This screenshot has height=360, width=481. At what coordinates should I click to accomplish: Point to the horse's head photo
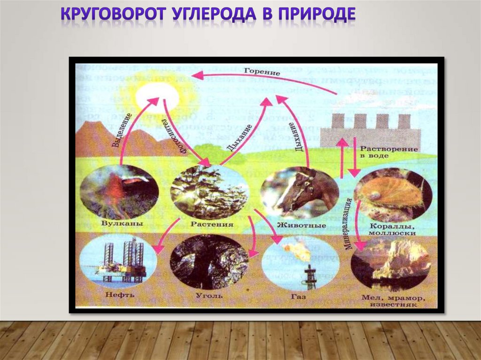(299, 193)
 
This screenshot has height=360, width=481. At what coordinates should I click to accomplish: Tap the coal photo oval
(209, 261)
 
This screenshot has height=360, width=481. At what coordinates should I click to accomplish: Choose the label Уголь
(207, 296)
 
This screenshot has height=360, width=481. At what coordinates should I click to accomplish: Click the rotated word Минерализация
(349, 223)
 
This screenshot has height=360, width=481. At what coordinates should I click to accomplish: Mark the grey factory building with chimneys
(370, 131)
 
